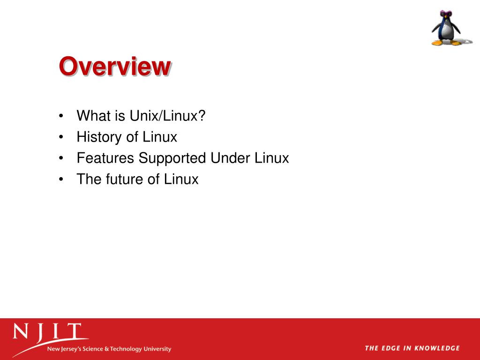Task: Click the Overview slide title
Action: [x=115, y=66]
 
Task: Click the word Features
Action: [x=106, y=158]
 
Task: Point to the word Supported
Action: [x=173, y=158]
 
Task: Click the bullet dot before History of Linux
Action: [x=62, y=137]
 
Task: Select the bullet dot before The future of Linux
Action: [x=62, y=180]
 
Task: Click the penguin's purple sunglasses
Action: [x=442, y=15]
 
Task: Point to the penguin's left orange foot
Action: [x=438, y=43]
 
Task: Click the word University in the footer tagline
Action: [x=157, y=349]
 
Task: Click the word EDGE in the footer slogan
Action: [x=389, y=348]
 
